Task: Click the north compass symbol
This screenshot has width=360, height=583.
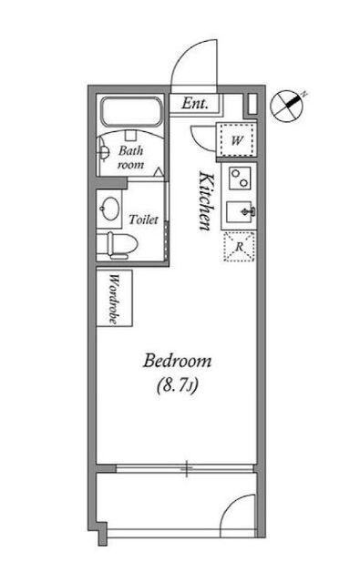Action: click(x=287, y=106)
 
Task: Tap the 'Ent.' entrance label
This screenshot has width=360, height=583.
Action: click(x=195, y=103)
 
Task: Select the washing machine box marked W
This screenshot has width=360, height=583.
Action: click(x=237, y=140)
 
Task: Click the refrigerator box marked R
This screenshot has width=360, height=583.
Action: click(x=240, y=246)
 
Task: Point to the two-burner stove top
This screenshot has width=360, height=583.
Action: click(x=239, y=179)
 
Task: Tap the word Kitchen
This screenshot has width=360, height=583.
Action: click(x=206, y=200)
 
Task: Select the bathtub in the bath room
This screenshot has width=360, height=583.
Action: click(x=130, y=112)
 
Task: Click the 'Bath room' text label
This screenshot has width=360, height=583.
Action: click(x=130, y=157)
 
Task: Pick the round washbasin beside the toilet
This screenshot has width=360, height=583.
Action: click(x=109, y=209)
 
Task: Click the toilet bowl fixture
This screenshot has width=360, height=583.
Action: click(x=118, y=245)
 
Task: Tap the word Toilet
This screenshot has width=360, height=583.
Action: click(x=144, y=220)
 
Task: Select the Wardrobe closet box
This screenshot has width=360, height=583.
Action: click(x=114, y=298)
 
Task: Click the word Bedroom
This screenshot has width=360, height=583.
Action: click(x=178, y=361)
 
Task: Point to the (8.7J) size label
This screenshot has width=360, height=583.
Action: click(x=177, y=385)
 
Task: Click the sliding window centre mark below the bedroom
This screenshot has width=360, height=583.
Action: click(x=187, y=468)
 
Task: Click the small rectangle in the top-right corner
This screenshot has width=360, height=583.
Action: click(x=252, y=105)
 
